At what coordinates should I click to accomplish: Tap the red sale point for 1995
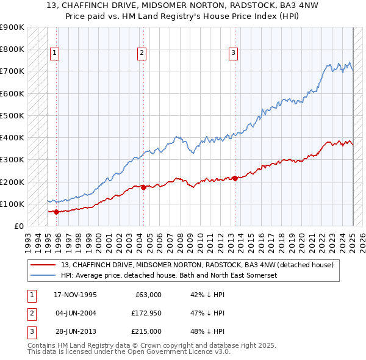pos(56,212)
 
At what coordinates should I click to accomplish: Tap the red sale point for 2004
pos(143,188)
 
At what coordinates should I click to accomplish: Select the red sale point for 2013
pos(235,179)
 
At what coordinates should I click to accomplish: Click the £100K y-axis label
pos(12,204)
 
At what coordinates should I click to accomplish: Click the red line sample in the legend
pos(43,265)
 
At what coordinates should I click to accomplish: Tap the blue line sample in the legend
pos(43,275)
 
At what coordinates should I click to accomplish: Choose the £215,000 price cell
pos(147,331)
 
